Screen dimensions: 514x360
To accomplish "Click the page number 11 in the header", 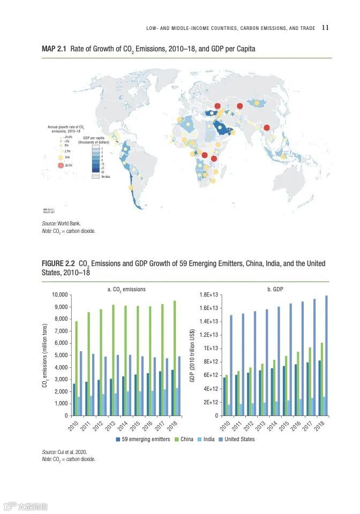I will pos(325,28).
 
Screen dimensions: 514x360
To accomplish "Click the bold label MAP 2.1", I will pos(54,49).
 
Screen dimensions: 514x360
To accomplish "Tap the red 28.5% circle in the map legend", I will pos(61,166).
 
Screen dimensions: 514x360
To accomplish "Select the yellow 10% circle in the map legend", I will pos(61,157).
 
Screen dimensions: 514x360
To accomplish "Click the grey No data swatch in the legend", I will pos(96,176).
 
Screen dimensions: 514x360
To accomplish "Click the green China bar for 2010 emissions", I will pos(77,368).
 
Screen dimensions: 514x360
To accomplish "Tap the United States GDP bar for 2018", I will pos(326,356).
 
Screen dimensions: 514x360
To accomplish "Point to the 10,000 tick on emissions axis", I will pos(59,295).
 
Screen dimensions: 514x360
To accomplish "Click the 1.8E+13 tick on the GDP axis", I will pos(208,295).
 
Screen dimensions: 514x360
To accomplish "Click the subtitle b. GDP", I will pos(275,289).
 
